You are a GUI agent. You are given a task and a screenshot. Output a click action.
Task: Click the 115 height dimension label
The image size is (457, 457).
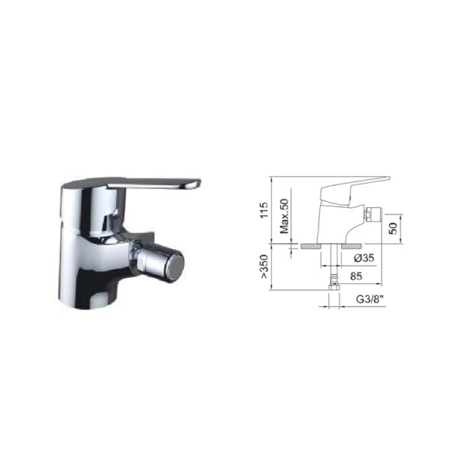(x=264, y=210)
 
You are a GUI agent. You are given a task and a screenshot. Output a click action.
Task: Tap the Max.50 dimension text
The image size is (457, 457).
(x=284, y=216)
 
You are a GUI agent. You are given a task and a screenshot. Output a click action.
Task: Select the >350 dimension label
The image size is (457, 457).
(x=264, y=267)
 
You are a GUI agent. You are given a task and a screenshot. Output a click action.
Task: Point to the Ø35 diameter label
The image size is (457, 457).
(x=364, y=258)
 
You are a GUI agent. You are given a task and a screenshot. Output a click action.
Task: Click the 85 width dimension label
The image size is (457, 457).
(x=356, y=276)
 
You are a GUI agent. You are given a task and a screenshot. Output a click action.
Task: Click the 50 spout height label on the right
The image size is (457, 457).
(x=393, y=228)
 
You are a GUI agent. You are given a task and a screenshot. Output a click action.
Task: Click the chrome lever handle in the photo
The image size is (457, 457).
(x=154, y=184)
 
